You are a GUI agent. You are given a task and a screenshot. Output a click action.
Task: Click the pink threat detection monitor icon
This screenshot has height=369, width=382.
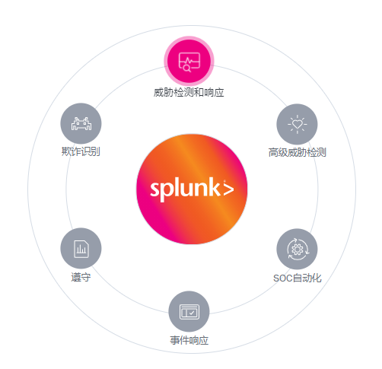(189, 61)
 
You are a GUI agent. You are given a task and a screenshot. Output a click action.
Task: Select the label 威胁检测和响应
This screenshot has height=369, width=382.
(189, 92)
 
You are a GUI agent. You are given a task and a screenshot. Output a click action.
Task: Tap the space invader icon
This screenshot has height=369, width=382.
(81, 123)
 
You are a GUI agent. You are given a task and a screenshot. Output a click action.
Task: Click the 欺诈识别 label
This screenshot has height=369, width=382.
(81, 151)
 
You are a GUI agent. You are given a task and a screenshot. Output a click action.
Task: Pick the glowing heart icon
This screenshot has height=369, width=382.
(297, 124)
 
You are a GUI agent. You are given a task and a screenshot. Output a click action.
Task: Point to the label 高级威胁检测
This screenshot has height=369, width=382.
(298, 152)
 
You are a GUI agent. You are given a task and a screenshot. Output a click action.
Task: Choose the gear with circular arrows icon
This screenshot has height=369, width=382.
(298, 249)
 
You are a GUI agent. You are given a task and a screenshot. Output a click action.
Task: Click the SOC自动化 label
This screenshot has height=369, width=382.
(298, 278)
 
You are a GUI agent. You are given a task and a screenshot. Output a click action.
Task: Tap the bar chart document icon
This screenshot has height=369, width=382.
(81, 248)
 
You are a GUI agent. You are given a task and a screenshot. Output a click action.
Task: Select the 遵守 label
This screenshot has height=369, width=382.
(81, 277)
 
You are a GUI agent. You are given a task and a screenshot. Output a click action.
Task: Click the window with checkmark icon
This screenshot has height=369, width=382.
(189, 311)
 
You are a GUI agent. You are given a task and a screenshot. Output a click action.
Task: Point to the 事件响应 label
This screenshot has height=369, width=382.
(189, 340)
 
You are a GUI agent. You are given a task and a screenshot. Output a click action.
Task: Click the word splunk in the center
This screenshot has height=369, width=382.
(185, 189)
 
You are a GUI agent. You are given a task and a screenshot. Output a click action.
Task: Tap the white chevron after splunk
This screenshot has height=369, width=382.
(228, 189)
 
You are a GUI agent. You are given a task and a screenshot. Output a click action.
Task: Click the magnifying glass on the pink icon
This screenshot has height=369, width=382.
(187, 68)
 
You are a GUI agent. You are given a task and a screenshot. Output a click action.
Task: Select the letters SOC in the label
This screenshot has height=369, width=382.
(283, 278)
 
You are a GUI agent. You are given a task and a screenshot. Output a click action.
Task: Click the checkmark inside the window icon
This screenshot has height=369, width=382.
(192, 313)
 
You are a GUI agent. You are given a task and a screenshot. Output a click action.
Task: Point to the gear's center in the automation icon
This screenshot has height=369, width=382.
(298, 250)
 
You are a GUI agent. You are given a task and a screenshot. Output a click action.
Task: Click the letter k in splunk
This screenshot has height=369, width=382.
(215, 187)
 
